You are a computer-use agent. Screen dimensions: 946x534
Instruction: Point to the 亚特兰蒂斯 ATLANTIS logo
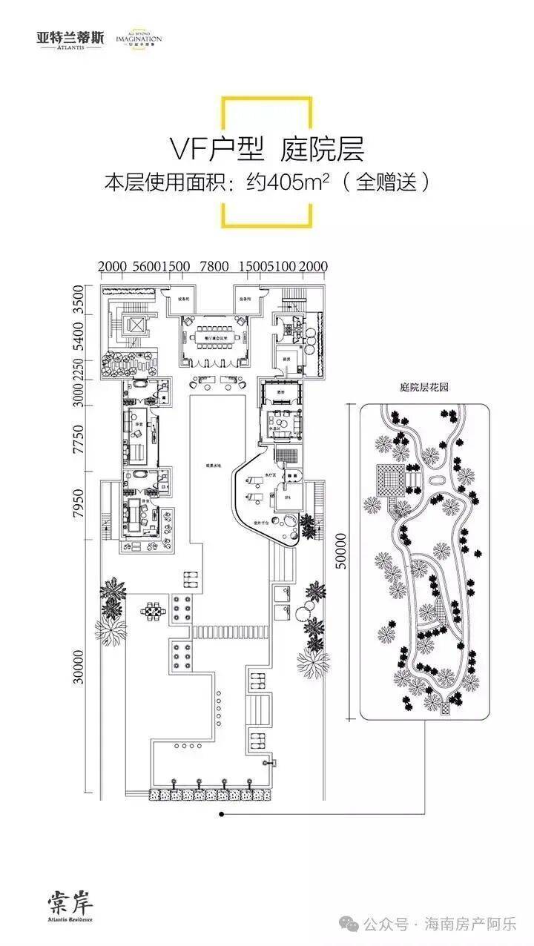[70, 38]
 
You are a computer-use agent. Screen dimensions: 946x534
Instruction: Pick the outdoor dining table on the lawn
[154, 612]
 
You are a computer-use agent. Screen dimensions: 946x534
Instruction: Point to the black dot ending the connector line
[220, 815]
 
